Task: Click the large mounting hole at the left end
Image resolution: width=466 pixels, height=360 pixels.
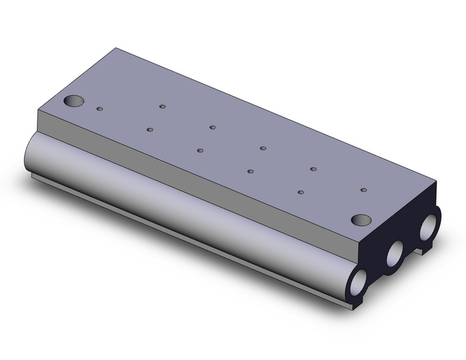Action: click(75, 101)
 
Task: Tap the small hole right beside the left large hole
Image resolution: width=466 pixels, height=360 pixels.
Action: click(100, 109)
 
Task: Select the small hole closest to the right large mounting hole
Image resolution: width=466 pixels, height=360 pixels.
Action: click(364, 190)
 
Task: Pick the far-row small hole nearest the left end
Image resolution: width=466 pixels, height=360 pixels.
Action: click(162, 106)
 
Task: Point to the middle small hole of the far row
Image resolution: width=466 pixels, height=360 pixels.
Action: click(263, 148)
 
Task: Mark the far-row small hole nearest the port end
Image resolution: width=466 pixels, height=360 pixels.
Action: click(364, 190)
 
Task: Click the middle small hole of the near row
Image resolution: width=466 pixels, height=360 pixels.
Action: click(200, 150)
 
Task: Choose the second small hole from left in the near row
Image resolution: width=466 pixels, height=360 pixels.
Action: click(150, 129)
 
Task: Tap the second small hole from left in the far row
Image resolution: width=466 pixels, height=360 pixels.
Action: click(213, 127)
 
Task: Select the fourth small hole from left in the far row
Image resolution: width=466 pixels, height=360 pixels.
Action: click(313, 169)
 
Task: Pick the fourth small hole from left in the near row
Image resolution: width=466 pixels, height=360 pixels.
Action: click(250, 171)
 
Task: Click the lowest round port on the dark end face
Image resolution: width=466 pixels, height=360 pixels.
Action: click(358, 283)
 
